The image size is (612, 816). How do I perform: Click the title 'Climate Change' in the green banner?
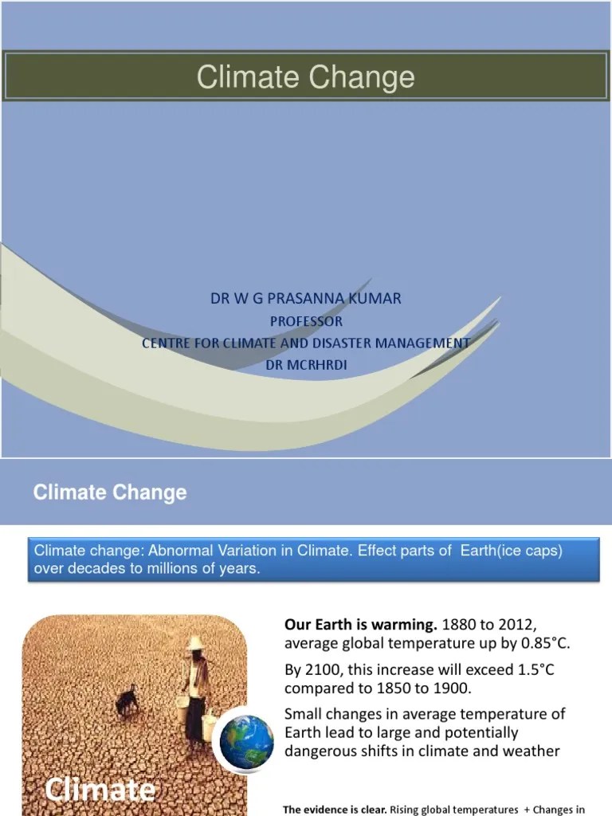point(306,77)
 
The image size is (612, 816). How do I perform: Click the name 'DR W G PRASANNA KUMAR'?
point(306,299)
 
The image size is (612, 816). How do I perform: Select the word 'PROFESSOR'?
point(306,321)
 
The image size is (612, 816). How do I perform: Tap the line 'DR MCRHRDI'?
point(306,364)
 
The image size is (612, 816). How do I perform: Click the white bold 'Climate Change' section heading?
point(110,492)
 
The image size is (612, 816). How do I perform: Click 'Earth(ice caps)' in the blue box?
point(512,551)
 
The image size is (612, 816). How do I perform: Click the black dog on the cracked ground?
point(127,700)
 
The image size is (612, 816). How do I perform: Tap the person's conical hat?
point(196,643)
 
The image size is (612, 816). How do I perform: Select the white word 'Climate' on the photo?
point(100,790)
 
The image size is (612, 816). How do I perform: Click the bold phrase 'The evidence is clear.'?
point(335,810)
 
